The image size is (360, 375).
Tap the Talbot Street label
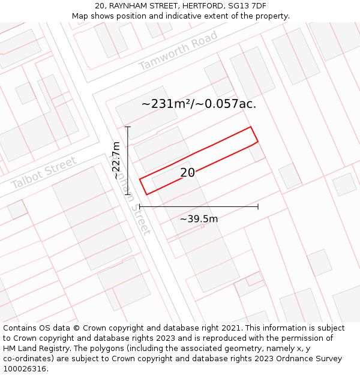pyautogui.click(x=44, y=173)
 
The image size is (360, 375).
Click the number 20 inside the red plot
pyautogui.click(x=187, y=173)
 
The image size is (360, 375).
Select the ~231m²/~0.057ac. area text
pyautogui.click(x=199, y=104)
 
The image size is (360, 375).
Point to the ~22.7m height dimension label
pyautogui.click(x=117, y=160)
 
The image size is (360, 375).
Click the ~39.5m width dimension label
pyautogui.click(x=199, y=219)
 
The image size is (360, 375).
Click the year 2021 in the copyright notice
pyautogui.click(x=230, y=328)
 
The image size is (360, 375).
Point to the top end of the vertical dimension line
pyautogui.click(x=128, y=127)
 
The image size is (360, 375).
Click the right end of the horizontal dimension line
pyautogui.click(x=258, y=206)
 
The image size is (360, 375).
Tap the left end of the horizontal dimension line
pyautogui.click(x=140, y=206)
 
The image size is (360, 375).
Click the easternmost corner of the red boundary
pyautogui.click(x=258, y=142)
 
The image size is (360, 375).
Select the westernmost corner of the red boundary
pyautogui.click(x=140, y=179)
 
